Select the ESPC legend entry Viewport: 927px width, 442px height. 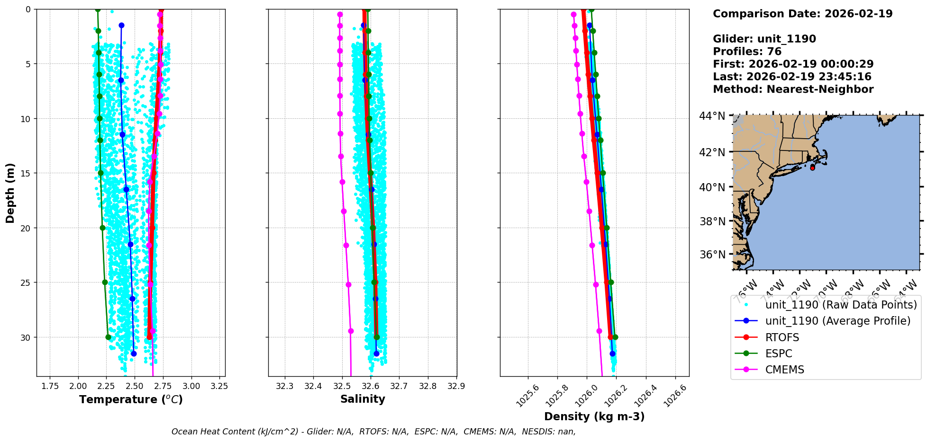point(779,354)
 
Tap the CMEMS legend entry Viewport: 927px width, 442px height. point(784,370)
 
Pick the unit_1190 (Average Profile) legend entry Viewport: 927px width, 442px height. point(837,321)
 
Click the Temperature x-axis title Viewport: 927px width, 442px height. point(131,399)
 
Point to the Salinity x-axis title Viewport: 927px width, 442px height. point(363,399)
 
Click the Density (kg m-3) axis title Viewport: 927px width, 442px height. point(594,416)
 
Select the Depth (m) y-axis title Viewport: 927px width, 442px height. point(10,193)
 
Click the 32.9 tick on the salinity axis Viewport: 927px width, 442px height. point(456,386)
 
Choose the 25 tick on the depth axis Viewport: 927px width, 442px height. point(25,283)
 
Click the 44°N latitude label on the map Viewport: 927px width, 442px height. point(712,116)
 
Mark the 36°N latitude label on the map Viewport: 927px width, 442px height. point(712,255)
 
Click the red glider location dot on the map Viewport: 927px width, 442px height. point(812,168)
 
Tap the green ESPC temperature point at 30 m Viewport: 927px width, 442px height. point(108,337)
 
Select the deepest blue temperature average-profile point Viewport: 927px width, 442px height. point(134,354)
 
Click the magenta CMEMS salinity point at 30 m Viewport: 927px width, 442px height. point(351,331)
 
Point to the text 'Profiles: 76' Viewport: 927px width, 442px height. point(747,52)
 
